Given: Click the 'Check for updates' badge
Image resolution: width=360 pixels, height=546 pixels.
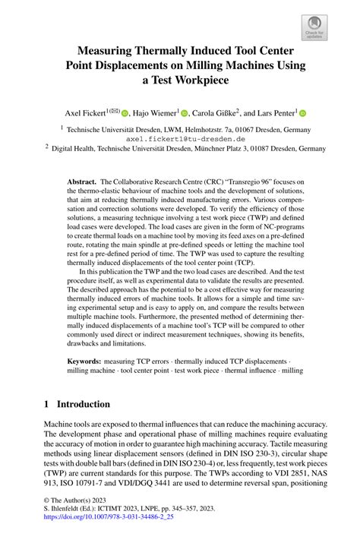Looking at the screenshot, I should (314, 27).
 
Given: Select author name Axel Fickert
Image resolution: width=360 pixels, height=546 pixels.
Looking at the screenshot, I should (81, 112).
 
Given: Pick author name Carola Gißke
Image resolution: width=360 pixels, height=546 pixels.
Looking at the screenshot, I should (217, 112).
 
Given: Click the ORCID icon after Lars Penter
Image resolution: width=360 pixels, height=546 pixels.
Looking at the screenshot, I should (302, 112).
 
